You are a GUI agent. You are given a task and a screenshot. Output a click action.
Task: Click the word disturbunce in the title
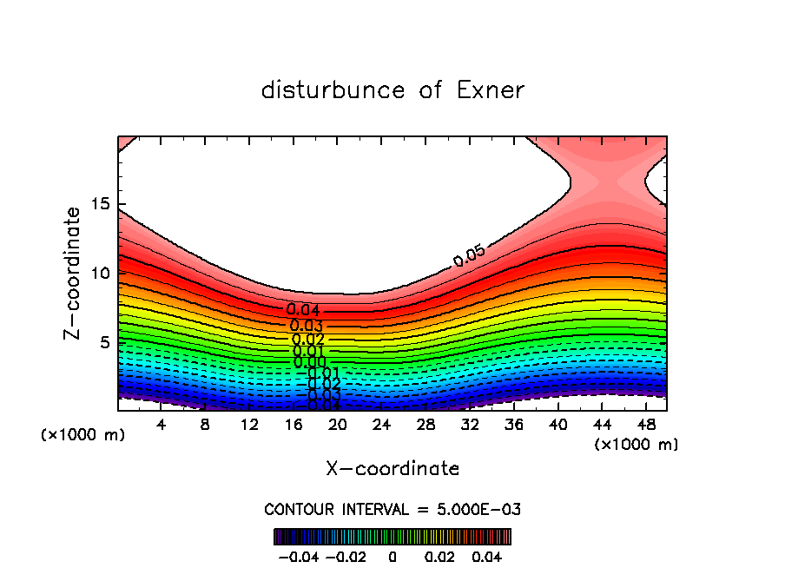coord(333,90)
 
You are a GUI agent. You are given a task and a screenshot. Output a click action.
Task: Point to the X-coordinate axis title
coord(392,469)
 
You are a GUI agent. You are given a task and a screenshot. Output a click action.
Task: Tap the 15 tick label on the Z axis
coord(100,203)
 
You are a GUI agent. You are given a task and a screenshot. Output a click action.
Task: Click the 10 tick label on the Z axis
coord(100,273)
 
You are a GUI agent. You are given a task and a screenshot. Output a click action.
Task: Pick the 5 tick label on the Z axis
coord(104,342)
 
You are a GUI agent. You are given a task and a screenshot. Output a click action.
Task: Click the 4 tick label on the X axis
coord(162,425)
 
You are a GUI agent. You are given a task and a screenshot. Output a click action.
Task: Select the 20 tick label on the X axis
coord(338,425)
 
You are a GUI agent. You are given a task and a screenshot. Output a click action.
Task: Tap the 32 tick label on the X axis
coord(470,425)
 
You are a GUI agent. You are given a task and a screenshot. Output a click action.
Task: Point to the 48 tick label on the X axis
coord(646,425)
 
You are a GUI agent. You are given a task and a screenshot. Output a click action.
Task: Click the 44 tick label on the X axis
coord(602,425)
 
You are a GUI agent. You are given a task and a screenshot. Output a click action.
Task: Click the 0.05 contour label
coord(469,255)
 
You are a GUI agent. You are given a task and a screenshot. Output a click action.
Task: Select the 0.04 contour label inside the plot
coord(303,310)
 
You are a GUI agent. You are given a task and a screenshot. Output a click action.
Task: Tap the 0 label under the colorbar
coord(392,556)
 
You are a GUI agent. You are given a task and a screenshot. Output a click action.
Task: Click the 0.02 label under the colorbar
coord(440,556)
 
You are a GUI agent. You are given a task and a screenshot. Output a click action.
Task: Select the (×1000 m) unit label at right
coord(637,445)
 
